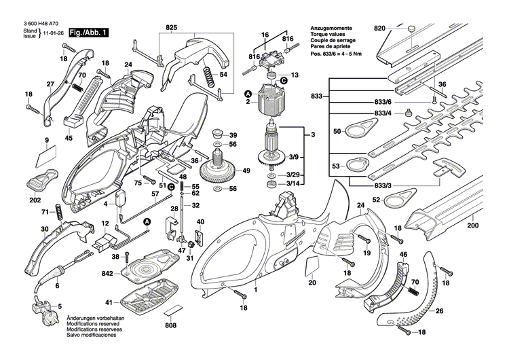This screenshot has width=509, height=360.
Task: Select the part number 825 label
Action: click(171, 28)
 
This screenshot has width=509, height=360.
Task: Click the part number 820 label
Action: click(379, 28)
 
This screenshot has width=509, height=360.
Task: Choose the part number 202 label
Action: click(35, 201)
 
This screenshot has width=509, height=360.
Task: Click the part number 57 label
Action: click(155, 194)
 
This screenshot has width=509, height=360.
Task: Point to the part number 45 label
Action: click(69, 138)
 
